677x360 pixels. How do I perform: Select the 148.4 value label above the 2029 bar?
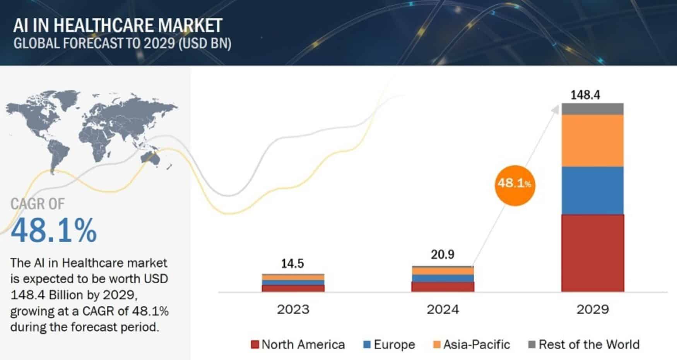click(585, 95)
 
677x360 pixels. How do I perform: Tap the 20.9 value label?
click(443, 255)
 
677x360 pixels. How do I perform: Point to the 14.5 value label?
click(292, 264)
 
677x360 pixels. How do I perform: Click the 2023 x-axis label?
click(293, 309)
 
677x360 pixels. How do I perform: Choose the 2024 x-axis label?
click(443, 309)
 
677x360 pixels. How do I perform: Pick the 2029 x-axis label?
click(592, 309)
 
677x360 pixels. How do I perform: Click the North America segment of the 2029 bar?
click(592, 253)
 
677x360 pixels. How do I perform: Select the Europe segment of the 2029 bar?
click(592, 190)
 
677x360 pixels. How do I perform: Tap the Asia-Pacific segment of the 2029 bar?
click(592, 141)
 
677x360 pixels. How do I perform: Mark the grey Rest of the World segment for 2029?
click(592, 109)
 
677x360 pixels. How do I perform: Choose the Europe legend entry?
click(389, 345)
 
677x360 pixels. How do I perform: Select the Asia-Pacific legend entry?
click(472, 345)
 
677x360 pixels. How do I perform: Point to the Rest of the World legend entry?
click(584, 345)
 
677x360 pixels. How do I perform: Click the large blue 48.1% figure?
click(54, 231)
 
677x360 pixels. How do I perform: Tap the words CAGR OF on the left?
click(38, 204)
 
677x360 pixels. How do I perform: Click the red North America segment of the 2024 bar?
click(443, 286)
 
